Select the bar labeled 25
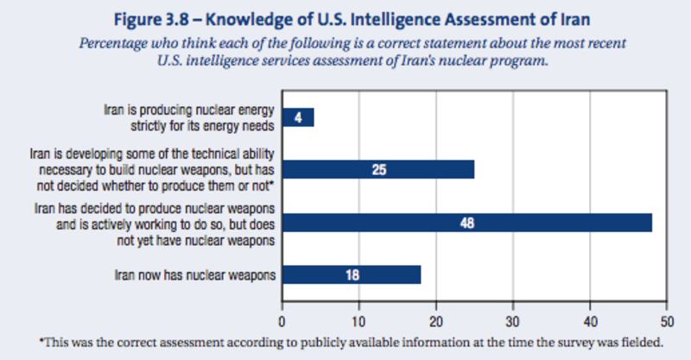(378, 168)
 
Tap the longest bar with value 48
(467, 223)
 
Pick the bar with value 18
(352, 275)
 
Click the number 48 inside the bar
(467, 223)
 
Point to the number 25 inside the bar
(378, 168)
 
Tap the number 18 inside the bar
(352, 275)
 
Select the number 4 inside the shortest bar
(298, 117)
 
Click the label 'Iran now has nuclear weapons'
(194, 275)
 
